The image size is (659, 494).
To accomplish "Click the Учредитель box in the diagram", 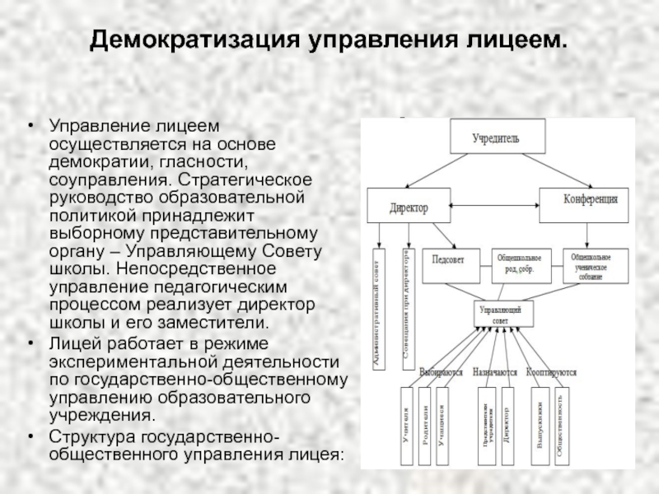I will tap(496, 137).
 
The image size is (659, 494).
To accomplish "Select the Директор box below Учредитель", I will tap(409, 206).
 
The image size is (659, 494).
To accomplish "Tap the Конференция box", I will tap(590, 200).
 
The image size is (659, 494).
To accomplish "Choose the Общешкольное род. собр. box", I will tap(522, 261).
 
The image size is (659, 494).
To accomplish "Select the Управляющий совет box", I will tap(502, 314).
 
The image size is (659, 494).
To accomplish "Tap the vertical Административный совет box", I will tap(379, 310).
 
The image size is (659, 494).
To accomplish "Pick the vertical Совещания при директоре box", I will tap(406, 310).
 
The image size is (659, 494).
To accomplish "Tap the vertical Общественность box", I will tap(560, 428).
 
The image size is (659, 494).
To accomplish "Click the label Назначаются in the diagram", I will tap(495, 371).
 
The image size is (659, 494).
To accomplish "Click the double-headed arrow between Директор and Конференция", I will tap(494, 201).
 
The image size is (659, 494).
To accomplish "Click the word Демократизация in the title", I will tap(196, 40).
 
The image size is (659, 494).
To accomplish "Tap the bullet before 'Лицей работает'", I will tap(30, 343).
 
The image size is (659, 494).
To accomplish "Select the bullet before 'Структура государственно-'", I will tap(30, 436).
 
